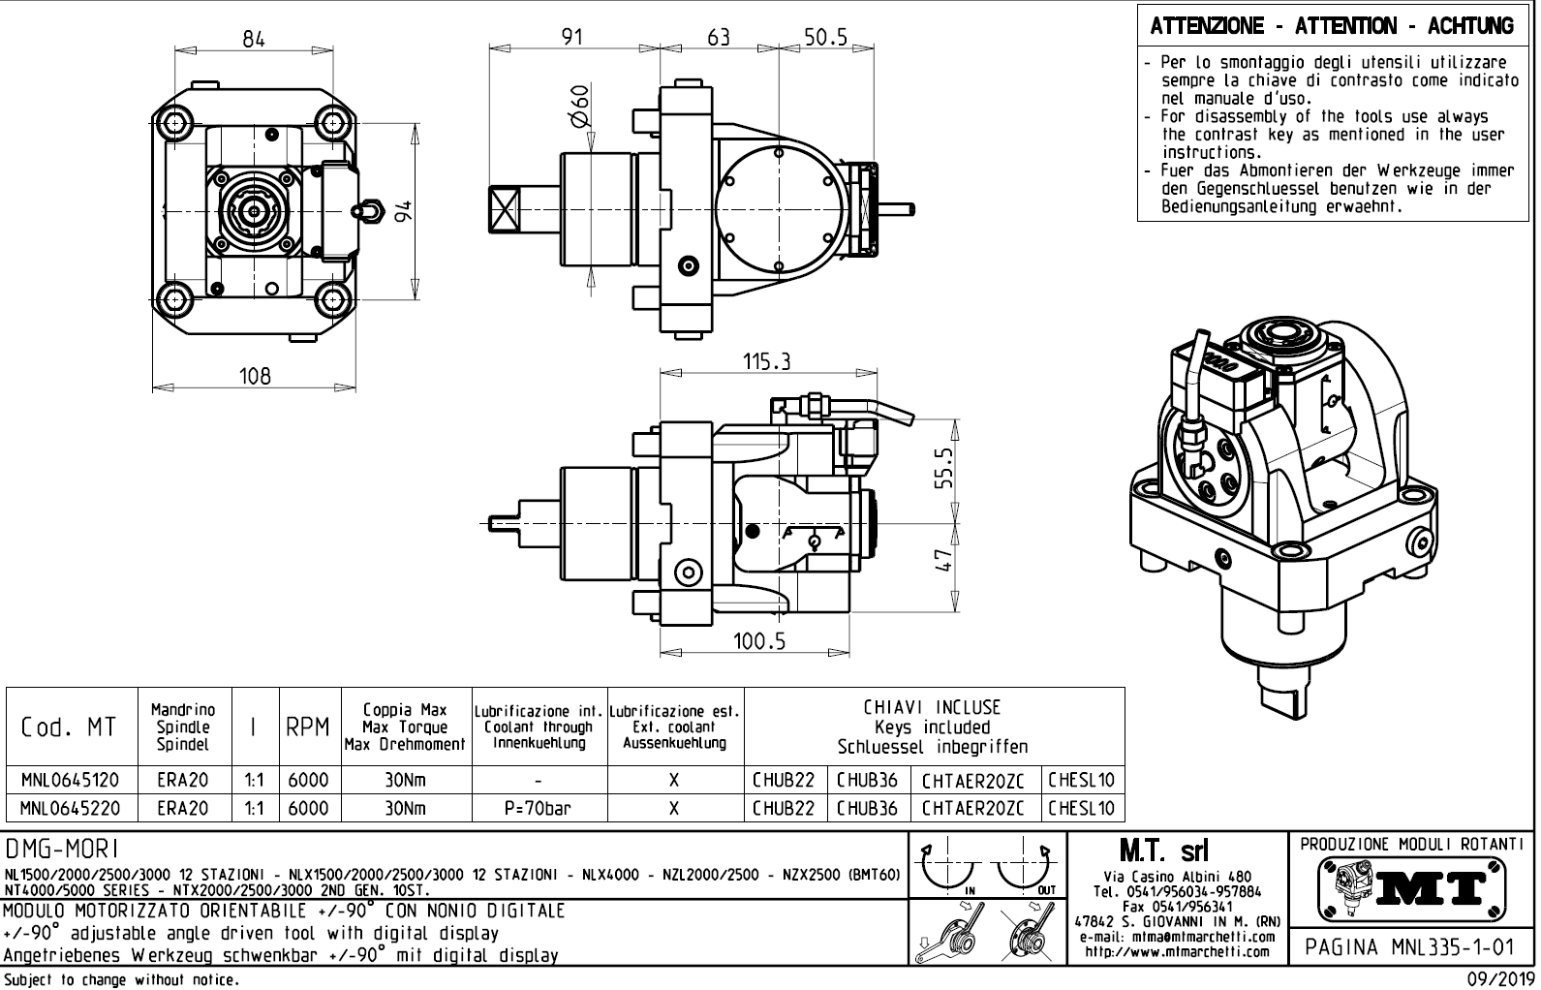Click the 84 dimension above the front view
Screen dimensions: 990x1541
pos(254,39)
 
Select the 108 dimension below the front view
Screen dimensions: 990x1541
pos(256,376)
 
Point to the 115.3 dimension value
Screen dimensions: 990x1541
pos(767,361)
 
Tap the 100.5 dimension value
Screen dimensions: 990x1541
pos(759,641)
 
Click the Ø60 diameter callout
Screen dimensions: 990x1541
pos(579,107)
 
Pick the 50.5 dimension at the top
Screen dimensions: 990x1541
pos(825,37)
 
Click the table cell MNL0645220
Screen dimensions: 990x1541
pos(71,808)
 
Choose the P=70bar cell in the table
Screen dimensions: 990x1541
pos(538,808)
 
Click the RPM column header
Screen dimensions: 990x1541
pos(309,727)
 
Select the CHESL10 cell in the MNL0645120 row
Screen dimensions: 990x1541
pos(1082,780)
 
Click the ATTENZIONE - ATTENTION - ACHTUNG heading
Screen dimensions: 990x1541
pos(1332,26)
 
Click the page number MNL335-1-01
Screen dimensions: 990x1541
pos(1409,944)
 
